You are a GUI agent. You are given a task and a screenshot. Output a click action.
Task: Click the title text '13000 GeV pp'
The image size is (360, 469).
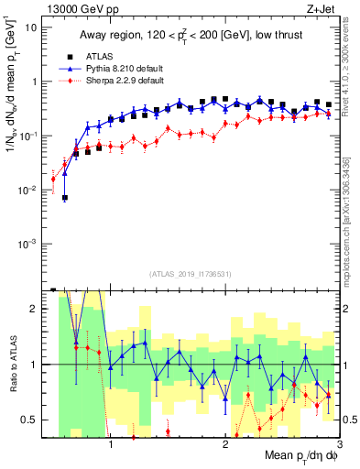click(x=80, y=10)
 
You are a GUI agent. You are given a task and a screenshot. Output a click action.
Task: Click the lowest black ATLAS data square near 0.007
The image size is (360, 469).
click(x=65, y=198)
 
